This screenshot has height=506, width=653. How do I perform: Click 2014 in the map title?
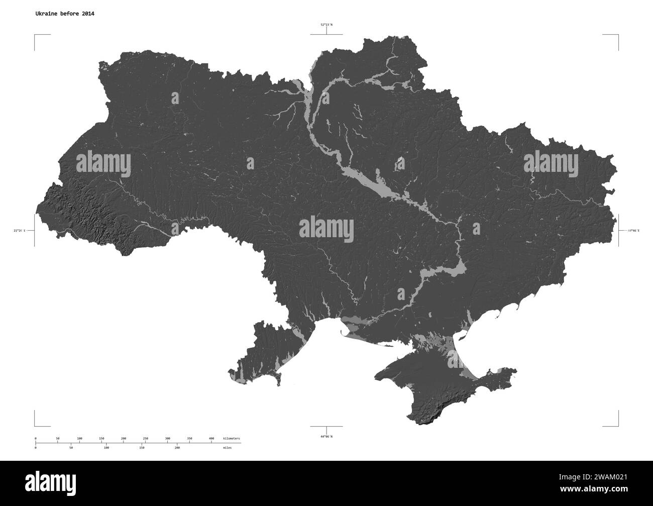(87, 14)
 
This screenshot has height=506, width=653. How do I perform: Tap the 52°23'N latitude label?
(326, 25)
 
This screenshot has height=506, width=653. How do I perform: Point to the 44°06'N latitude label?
(326, 436)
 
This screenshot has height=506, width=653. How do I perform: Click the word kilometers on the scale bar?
(232, 439)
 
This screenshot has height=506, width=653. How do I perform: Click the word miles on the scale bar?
(228, 447)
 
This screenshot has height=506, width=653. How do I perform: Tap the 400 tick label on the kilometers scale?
(211, 439)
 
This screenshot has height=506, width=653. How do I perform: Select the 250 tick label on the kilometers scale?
(145, 439)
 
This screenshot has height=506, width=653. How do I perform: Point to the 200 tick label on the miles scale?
(177, 447)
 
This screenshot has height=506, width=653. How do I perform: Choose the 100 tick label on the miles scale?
(106, 447)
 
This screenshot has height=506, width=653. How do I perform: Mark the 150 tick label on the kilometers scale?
(101, 439)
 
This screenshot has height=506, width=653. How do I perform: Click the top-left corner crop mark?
(36, 36)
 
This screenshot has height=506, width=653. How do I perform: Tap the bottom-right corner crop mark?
(617, 425)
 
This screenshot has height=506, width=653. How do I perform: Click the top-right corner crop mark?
(617, 36)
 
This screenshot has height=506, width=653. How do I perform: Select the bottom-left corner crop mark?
(36, 425)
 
